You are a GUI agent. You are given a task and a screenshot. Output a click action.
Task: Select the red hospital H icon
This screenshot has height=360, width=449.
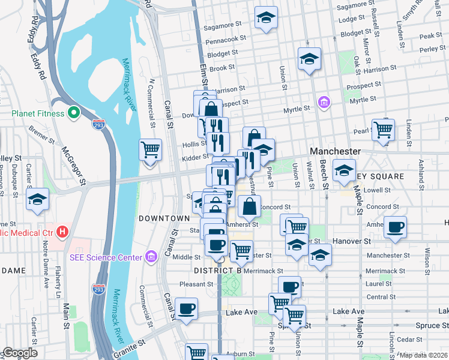(x=62, y=232)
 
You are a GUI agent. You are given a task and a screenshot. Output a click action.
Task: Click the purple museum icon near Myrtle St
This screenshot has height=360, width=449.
(x=324, y=103)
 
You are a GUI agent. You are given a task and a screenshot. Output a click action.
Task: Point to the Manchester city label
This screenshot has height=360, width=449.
(x=335, y=152)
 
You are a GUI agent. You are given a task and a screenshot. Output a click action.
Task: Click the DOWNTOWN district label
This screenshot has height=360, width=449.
(x=164, y=218)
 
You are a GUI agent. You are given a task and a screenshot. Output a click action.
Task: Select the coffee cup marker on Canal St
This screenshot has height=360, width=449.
(x=187, y=308)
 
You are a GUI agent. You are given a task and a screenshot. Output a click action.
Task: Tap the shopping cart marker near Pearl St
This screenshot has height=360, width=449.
(x=382, y=129)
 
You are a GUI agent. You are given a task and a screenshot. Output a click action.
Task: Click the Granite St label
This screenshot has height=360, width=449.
(x=132, y=344)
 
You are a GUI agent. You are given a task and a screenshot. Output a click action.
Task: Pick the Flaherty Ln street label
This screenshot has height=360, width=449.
(x=58, y=281)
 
